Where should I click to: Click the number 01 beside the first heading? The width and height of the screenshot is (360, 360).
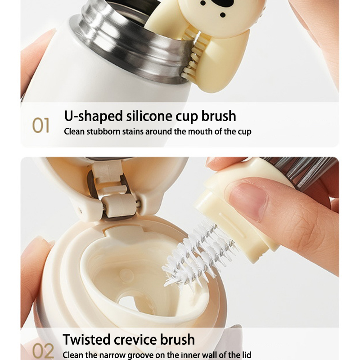click(x=40, y=126)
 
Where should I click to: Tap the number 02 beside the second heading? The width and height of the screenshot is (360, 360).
click(x=43, y=351)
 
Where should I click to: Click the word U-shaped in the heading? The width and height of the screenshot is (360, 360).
click(x=94, y=116)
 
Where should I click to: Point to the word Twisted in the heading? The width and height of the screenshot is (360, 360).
click(x=87, y=339)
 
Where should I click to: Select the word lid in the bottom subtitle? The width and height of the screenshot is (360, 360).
click(x=247, y=355)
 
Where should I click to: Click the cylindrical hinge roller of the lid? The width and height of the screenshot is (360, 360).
click(x=119, y=206)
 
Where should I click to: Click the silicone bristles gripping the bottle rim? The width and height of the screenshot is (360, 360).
click(x=192, y=55)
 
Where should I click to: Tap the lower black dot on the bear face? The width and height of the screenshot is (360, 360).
click(x=222, y=15)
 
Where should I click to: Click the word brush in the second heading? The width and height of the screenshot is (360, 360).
click(x=177, y=339)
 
